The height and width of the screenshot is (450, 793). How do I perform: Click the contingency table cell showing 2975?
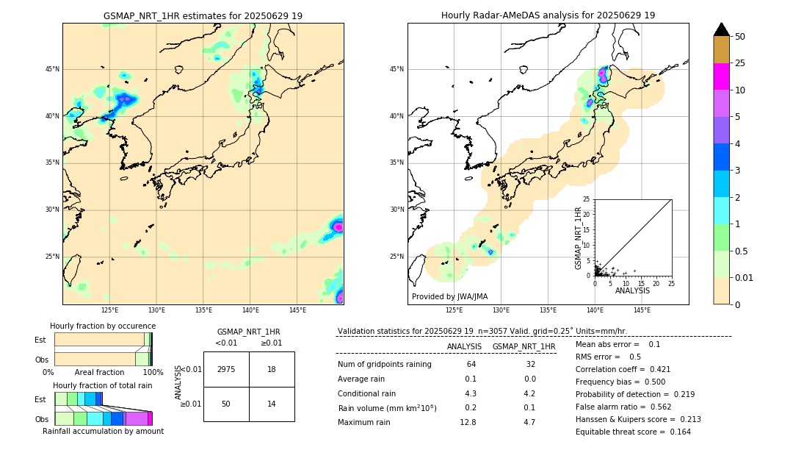pyautogui.click(x=226, y=369)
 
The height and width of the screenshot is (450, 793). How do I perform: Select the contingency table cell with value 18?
pyautogui.click(x=272, y=369)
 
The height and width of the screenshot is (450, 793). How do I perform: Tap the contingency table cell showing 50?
pyautogui.click(x=226, y=404)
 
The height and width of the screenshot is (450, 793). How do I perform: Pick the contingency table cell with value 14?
pyautogui.click(x=272, y=404)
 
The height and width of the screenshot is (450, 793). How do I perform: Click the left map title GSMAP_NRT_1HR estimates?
pyautogui.click(x=203, y=15)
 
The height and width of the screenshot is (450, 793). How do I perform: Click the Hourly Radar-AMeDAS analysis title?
pyautogui.click(x=548, y=15)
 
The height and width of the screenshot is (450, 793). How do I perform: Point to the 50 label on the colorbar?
pyautogui.click(x=740, y=37)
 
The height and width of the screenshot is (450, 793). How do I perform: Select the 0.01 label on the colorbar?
pyautogui.click(x=743, y=277)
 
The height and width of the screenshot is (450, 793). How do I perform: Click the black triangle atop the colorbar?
pyautogui.click(x=721, y=29)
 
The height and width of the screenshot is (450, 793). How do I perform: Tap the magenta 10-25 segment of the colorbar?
pyautogui.click(x=721, y=76)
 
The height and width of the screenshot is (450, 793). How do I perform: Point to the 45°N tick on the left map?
pyautogui.click(x=52, y=69)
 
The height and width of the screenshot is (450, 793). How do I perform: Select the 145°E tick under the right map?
pyautogui.click(x=642, y=310)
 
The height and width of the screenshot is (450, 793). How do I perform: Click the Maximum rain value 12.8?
pyautogui.click(x=471, y=422)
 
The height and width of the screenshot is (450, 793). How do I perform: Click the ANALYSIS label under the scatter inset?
pyautogui.click(x=632, y=290)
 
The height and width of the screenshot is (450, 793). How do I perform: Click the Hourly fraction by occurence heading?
pyautogui.click(x=103, y=326)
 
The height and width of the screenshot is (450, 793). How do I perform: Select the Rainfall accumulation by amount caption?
pyautogui.click(x=102, y=431)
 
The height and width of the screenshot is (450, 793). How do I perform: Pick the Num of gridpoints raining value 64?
pyautogui.click(x=471, y=364)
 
